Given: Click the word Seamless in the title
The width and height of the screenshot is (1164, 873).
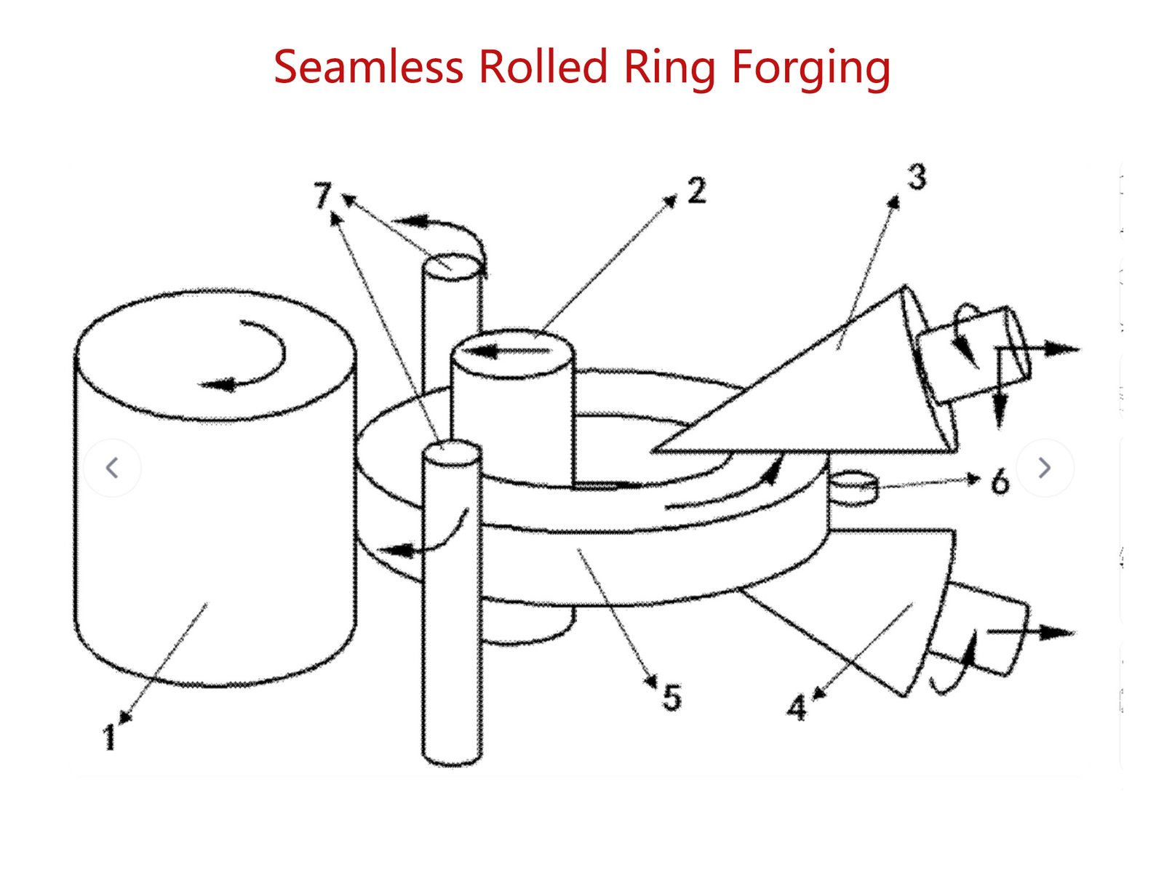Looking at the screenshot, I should coord(368,67).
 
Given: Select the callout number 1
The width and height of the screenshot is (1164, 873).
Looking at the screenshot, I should coord(109,737).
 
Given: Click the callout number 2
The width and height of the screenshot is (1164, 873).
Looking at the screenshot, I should coord(696,191).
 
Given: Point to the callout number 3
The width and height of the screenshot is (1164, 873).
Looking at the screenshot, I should coord(917,178).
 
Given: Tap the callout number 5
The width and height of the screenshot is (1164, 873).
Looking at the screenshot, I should coord(671,698).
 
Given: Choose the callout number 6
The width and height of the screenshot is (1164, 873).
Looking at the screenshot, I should coord(1000,482).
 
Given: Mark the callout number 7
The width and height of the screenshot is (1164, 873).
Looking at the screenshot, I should coord(322,196).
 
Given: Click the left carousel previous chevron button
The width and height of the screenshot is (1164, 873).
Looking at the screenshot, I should coord(112,468).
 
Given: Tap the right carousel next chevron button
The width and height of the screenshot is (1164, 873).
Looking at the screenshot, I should coord(1045,468).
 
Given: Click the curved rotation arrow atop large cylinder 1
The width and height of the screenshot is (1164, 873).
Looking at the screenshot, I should coord(251,356).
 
